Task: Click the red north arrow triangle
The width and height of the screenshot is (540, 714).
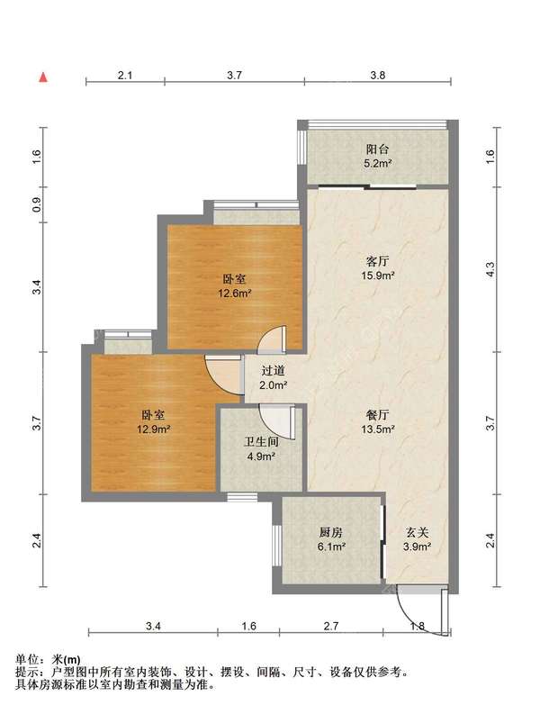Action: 43,77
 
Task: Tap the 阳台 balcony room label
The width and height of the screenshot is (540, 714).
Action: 377,149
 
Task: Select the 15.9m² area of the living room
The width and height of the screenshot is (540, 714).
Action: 377,275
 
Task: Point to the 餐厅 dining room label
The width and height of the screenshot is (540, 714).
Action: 377,415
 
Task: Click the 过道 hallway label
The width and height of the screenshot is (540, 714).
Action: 273,371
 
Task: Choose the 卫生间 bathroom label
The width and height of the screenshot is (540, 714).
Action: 261,442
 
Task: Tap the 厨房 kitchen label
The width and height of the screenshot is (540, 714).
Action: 331,532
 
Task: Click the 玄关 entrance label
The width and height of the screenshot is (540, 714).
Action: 417,532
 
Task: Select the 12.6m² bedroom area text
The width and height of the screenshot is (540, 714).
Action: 235,294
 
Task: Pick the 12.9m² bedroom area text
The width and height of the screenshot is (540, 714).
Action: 153,429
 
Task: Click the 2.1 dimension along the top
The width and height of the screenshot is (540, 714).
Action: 125,75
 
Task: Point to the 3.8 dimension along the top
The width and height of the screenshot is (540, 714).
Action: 377,75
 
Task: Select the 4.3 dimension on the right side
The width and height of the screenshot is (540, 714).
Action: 490,269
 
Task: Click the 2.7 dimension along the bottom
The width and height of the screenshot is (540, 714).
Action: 331,626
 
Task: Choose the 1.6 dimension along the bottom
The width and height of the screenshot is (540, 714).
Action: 248,626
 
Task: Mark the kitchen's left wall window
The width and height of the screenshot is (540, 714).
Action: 276,545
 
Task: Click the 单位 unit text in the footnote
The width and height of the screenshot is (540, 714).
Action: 26,659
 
